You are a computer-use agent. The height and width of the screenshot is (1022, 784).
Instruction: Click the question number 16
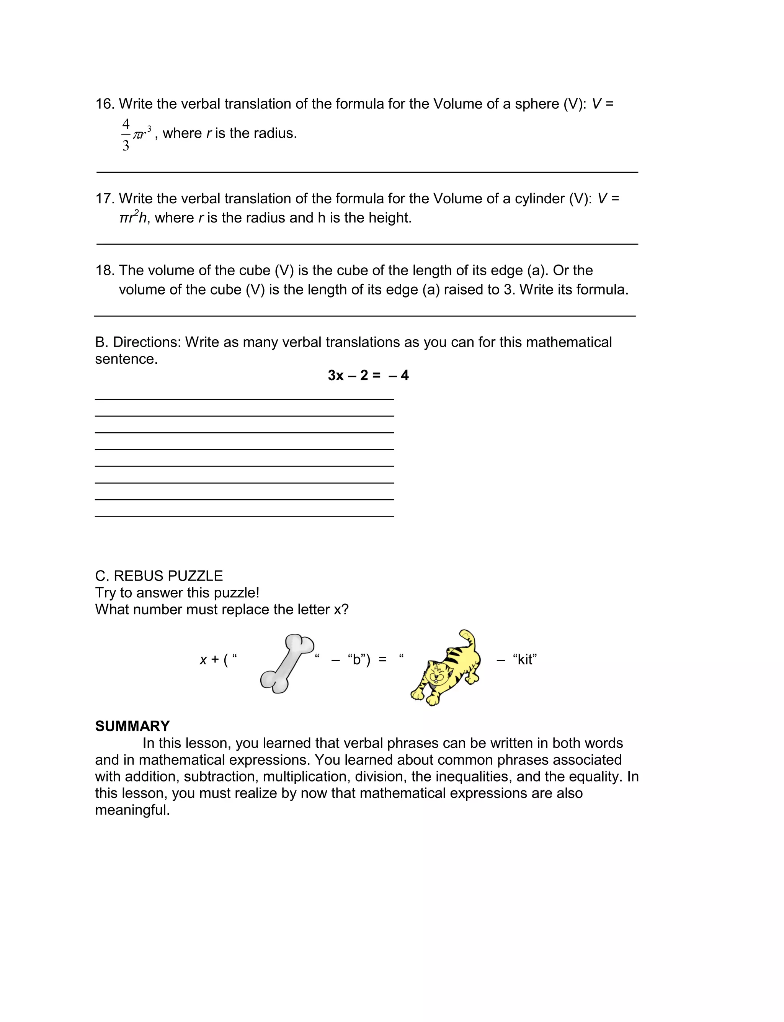pyautogui.click(x=105, y=104)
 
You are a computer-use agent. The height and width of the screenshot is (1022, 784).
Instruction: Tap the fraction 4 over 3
pyautogui.click(x=126, y=135)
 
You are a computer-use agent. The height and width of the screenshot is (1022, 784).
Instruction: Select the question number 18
pyautogui.click(x=105, y=271)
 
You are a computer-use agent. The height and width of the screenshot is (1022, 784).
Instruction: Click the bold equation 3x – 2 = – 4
pyautogui.click(x=368, y=375)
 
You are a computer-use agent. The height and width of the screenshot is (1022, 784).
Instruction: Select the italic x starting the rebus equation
pyautogui.click(x=203, y=660)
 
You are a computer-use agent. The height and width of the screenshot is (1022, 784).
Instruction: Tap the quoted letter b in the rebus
pyautogui.click(x=358, y=660)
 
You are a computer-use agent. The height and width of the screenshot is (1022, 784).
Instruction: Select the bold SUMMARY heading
pyautogui.click(x=132, y=726)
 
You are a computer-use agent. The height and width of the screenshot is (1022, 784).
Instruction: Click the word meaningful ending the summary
pyautogui.click(x=132, y=810)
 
